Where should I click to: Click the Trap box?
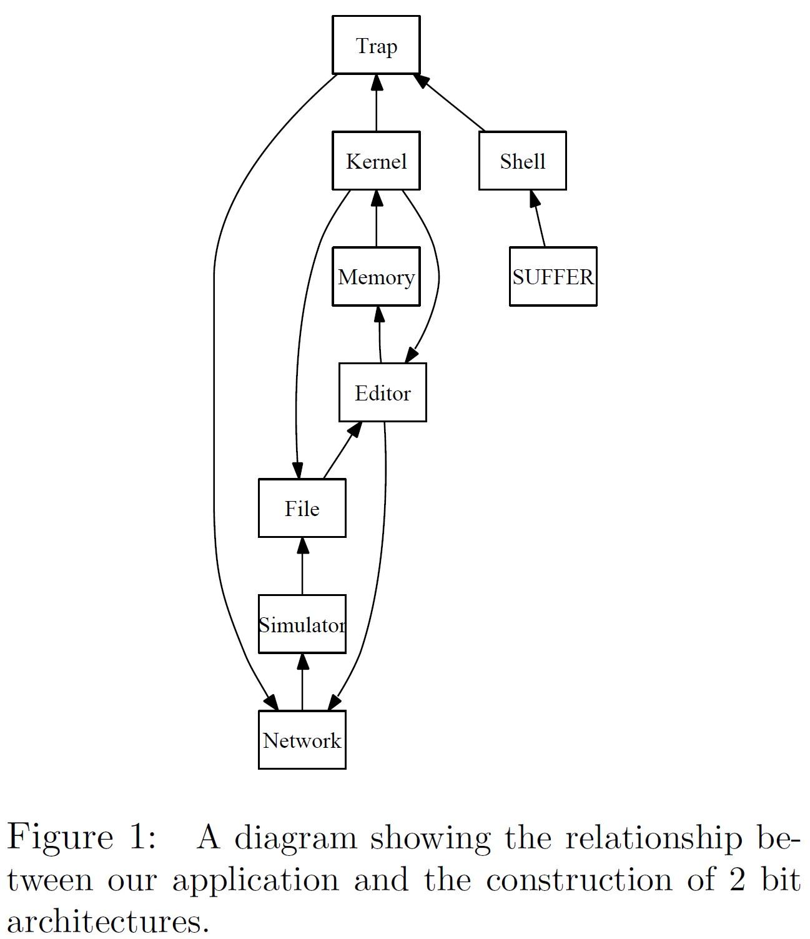(376, 45)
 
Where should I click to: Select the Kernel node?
(376, 161)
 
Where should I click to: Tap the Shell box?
(523, 161)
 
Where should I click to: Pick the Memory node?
(376, 277)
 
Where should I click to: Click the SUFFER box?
(553, 277)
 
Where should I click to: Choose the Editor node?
(383, 392)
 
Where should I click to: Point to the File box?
(302, 508)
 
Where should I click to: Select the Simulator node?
(302, 624)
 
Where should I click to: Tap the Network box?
(302, 740)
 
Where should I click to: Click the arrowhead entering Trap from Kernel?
(376, 82)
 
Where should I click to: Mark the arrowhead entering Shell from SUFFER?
(534, 198)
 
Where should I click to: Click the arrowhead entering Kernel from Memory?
(376, 198)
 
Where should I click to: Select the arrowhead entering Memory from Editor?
(378, 314)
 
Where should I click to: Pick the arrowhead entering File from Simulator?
(302, 545)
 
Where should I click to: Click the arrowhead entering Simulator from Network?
(302, 661)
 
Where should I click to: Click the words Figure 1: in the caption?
(81, 837)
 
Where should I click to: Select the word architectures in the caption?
(107, 922)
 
